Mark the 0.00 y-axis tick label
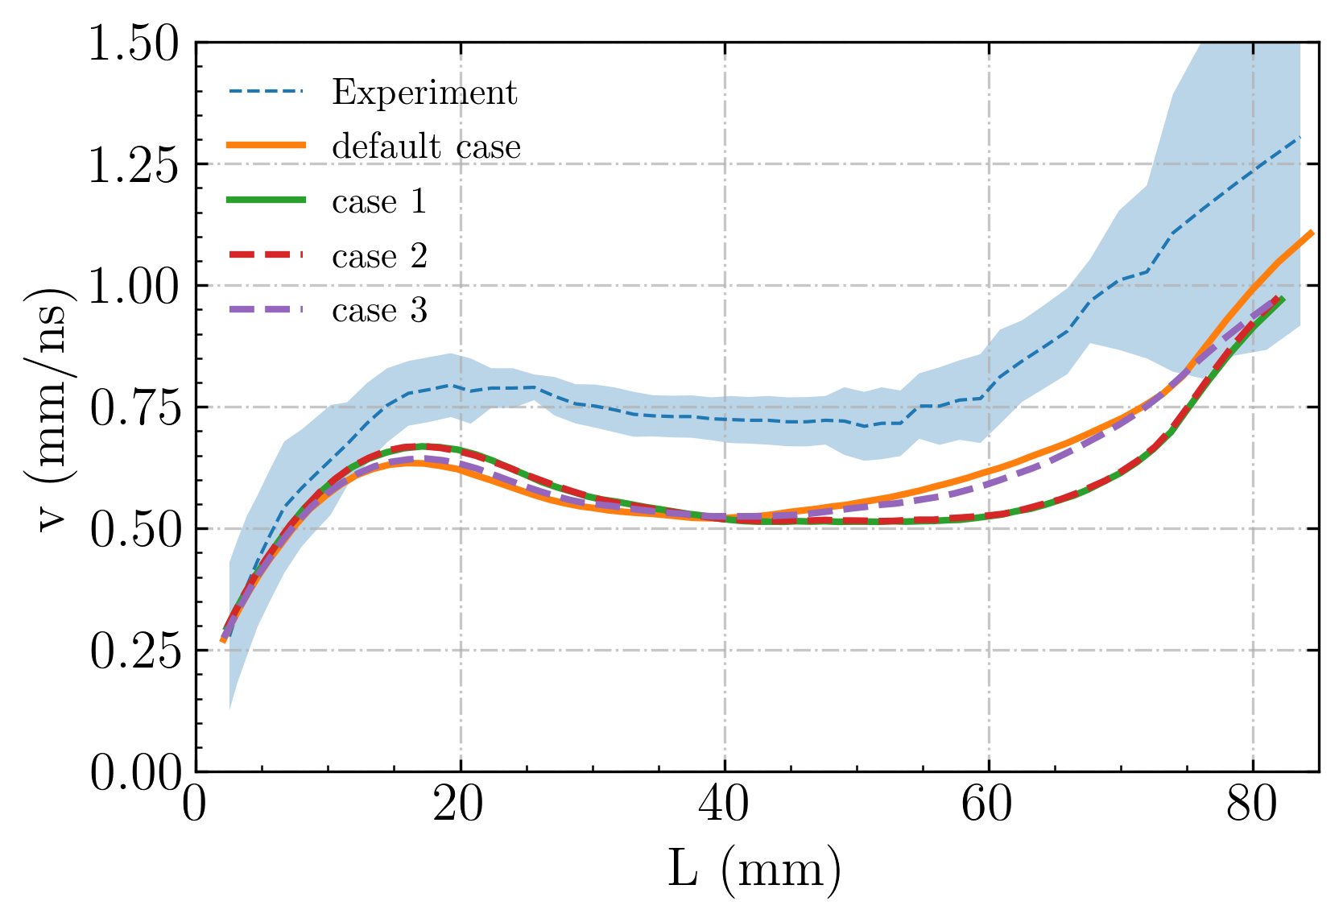point(134,773)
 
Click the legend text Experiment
point(424,93)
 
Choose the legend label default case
point(426,147)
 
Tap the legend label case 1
point(379,201)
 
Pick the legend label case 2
point(379,256)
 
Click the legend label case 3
point(379,311)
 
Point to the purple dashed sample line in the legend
point(267,310)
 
